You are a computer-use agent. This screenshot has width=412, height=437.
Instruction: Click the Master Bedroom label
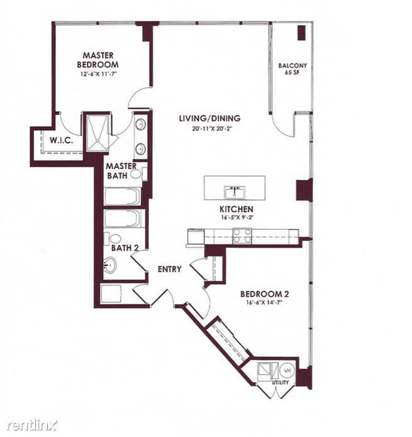click(98, 60)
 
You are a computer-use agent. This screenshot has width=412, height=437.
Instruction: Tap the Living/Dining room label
click(209, 118)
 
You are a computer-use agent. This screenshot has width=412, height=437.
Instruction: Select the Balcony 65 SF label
click(292, 69)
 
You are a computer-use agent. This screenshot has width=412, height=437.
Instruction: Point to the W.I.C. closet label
click(61, 140)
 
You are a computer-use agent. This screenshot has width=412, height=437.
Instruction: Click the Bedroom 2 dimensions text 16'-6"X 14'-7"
click(264, 302)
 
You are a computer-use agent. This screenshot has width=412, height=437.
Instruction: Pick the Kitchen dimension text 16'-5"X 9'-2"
click(237, 218)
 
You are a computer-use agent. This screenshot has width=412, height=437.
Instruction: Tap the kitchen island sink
click(235, 192)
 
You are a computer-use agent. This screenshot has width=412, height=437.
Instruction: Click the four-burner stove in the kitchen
click(242, 236)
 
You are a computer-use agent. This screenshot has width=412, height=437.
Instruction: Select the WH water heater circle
click(287, 370)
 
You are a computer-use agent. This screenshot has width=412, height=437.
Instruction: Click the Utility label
click(281, 382)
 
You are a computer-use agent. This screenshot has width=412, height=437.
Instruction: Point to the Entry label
click(169, 269)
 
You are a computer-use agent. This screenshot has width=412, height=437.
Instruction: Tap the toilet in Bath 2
click(113, 238)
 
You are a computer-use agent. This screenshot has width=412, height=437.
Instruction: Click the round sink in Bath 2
click(109, 265)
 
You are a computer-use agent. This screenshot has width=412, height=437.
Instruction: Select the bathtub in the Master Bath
click(123, 196)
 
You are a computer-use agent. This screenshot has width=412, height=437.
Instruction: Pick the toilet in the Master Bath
click(138, 174)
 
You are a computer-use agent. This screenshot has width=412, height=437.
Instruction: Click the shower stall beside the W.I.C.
click(97, 133)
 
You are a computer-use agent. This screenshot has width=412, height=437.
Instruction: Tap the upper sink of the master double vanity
click(140, 124)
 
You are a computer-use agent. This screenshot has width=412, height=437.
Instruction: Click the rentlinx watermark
click(32, 425)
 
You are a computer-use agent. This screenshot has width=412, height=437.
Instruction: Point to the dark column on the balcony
click(301, 33)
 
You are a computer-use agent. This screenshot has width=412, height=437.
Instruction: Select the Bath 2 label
click(125, 248)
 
